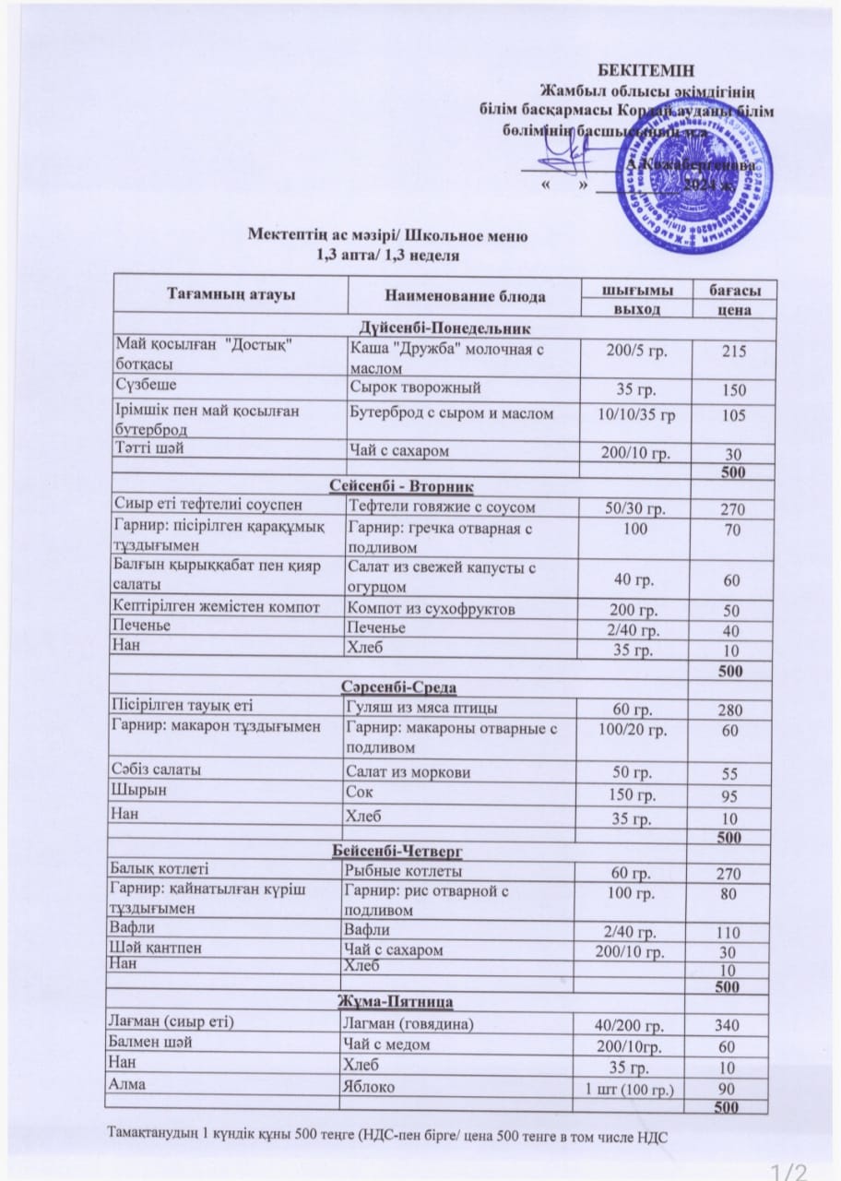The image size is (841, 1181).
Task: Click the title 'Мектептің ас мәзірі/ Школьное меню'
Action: tap(387, 235)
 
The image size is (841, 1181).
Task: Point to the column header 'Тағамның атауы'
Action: tap(231, 294)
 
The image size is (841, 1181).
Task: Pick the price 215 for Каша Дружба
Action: tap(734, 352)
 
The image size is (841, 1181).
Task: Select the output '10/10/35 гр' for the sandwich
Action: tap(636, 415)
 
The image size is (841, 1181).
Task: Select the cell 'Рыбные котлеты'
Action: tap(403, 871)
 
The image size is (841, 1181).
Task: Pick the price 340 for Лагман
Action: tap(728, 1024)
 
